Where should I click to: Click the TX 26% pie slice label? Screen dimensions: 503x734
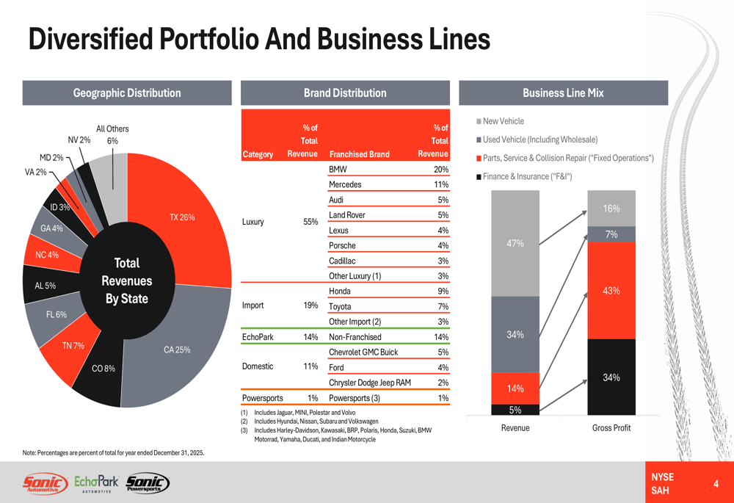point(182,217)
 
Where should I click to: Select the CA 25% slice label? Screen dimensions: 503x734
point(177,350)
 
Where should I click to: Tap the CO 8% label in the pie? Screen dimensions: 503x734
point(103,369)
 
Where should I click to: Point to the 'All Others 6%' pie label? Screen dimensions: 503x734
point(112,135)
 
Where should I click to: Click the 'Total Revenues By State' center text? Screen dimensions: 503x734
point(126,281)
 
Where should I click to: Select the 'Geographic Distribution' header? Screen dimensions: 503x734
point(127,93)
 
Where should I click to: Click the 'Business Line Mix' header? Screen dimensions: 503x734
point(563,93)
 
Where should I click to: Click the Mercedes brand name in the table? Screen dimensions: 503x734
point(345,185)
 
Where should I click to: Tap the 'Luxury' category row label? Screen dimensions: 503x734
point(252,222)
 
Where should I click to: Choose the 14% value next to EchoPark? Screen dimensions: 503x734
point(310,337)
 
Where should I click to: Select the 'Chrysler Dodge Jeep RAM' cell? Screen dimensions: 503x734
point(370,383)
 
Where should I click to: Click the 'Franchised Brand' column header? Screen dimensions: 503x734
point(360,154)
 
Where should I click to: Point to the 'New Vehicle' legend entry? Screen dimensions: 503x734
point(503,121)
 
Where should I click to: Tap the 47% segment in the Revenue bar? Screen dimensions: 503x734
point(515,243)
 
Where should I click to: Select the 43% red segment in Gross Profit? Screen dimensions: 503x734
point(611,291)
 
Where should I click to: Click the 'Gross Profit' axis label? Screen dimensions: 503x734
point(611,428)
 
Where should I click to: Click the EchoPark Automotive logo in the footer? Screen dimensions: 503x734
point(96,484)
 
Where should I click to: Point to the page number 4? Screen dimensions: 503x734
point(716,484)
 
